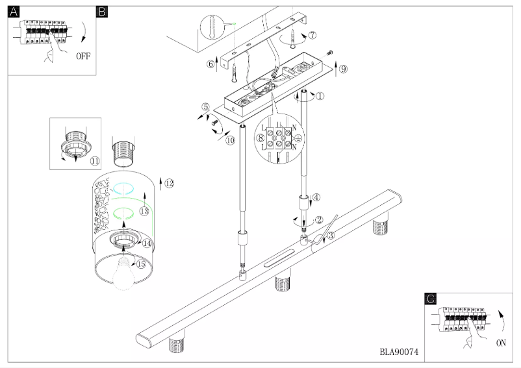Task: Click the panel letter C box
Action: point(430,299)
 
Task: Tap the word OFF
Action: point(83,56)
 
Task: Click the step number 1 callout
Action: point(320,96)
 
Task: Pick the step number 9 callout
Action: point(344,68)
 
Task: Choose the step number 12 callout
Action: point(169,184)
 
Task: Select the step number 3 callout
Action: point(331,236)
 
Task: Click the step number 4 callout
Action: point(316,197)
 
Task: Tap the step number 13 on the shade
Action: point(144,212)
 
